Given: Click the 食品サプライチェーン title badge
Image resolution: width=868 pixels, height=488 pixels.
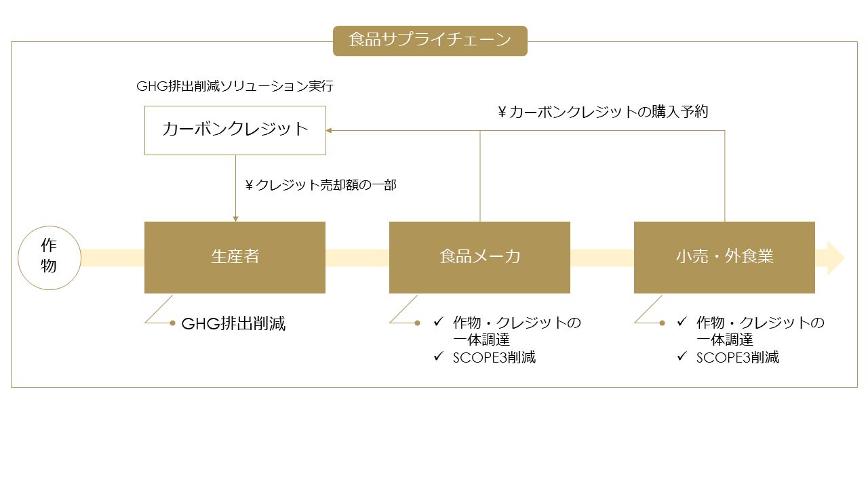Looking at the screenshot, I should [x=430, y=41].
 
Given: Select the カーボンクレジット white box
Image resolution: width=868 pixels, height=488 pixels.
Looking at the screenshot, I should [x=235, y=130].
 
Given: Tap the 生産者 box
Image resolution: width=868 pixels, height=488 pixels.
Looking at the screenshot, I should [x=235, y=258].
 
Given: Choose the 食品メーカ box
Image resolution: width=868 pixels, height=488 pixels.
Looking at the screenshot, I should [x=479, y=258].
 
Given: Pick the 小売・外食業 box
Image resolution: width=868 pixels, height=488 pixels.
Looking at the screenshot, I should [x=724, y=258].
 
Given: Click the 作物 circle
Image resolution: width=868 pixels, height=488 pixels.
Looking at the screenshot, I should [x=49, y=258].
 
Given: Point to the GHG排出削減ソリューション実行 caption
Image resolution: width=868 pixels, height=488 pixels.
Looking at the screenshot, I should [x=235, y=87].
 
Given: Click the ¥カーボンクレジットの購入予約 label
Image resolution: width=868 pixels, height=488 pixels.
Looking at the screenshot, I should [x=603, y=112].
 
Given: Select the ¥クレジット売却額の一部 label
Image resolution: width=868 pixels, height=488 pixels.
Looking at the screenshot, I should [x=321, y=184].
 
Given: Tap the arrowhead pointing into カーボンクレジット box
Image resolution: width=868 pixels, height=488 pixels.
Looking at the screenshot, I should [x=329, y=130].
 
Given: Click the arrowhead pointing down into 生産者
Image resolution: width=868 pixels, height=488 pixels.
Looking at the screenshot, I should [x=235, y=218].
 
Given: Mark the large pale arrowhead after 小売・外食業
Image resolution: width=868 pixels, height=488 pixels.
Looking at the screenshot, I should [x=835, y=258].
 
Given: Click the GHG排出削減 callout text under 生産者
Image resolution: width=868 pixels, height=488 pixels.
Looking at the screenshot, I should [x=233, y=324].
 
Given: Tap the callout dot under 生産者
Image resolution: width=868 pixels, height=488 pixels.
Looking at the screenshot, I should [x=173, y=323].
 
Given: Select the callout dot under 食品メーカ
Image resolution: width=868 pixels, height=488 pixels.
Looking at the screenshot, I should [x=418, y=323].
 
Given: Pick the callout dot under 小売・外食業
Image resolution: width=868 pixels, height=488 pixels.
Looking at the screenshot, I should [x=663, y=323].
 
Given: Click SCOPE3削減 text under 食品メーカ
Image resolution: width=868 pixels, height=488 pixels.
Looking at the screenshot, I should [x=494, y=358].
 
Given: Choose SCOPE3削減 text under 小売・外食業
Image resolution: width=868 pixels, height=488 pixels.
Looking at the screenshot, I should [x=738, y=358].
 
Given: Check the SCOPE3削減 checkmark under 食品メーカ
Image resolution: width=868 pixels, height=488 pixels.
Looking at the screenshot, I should [x=438, y=356].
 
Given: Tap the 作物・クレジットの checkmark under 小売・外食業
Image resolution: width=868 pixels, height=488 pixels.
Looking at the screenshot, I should [x=682, y=321].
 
